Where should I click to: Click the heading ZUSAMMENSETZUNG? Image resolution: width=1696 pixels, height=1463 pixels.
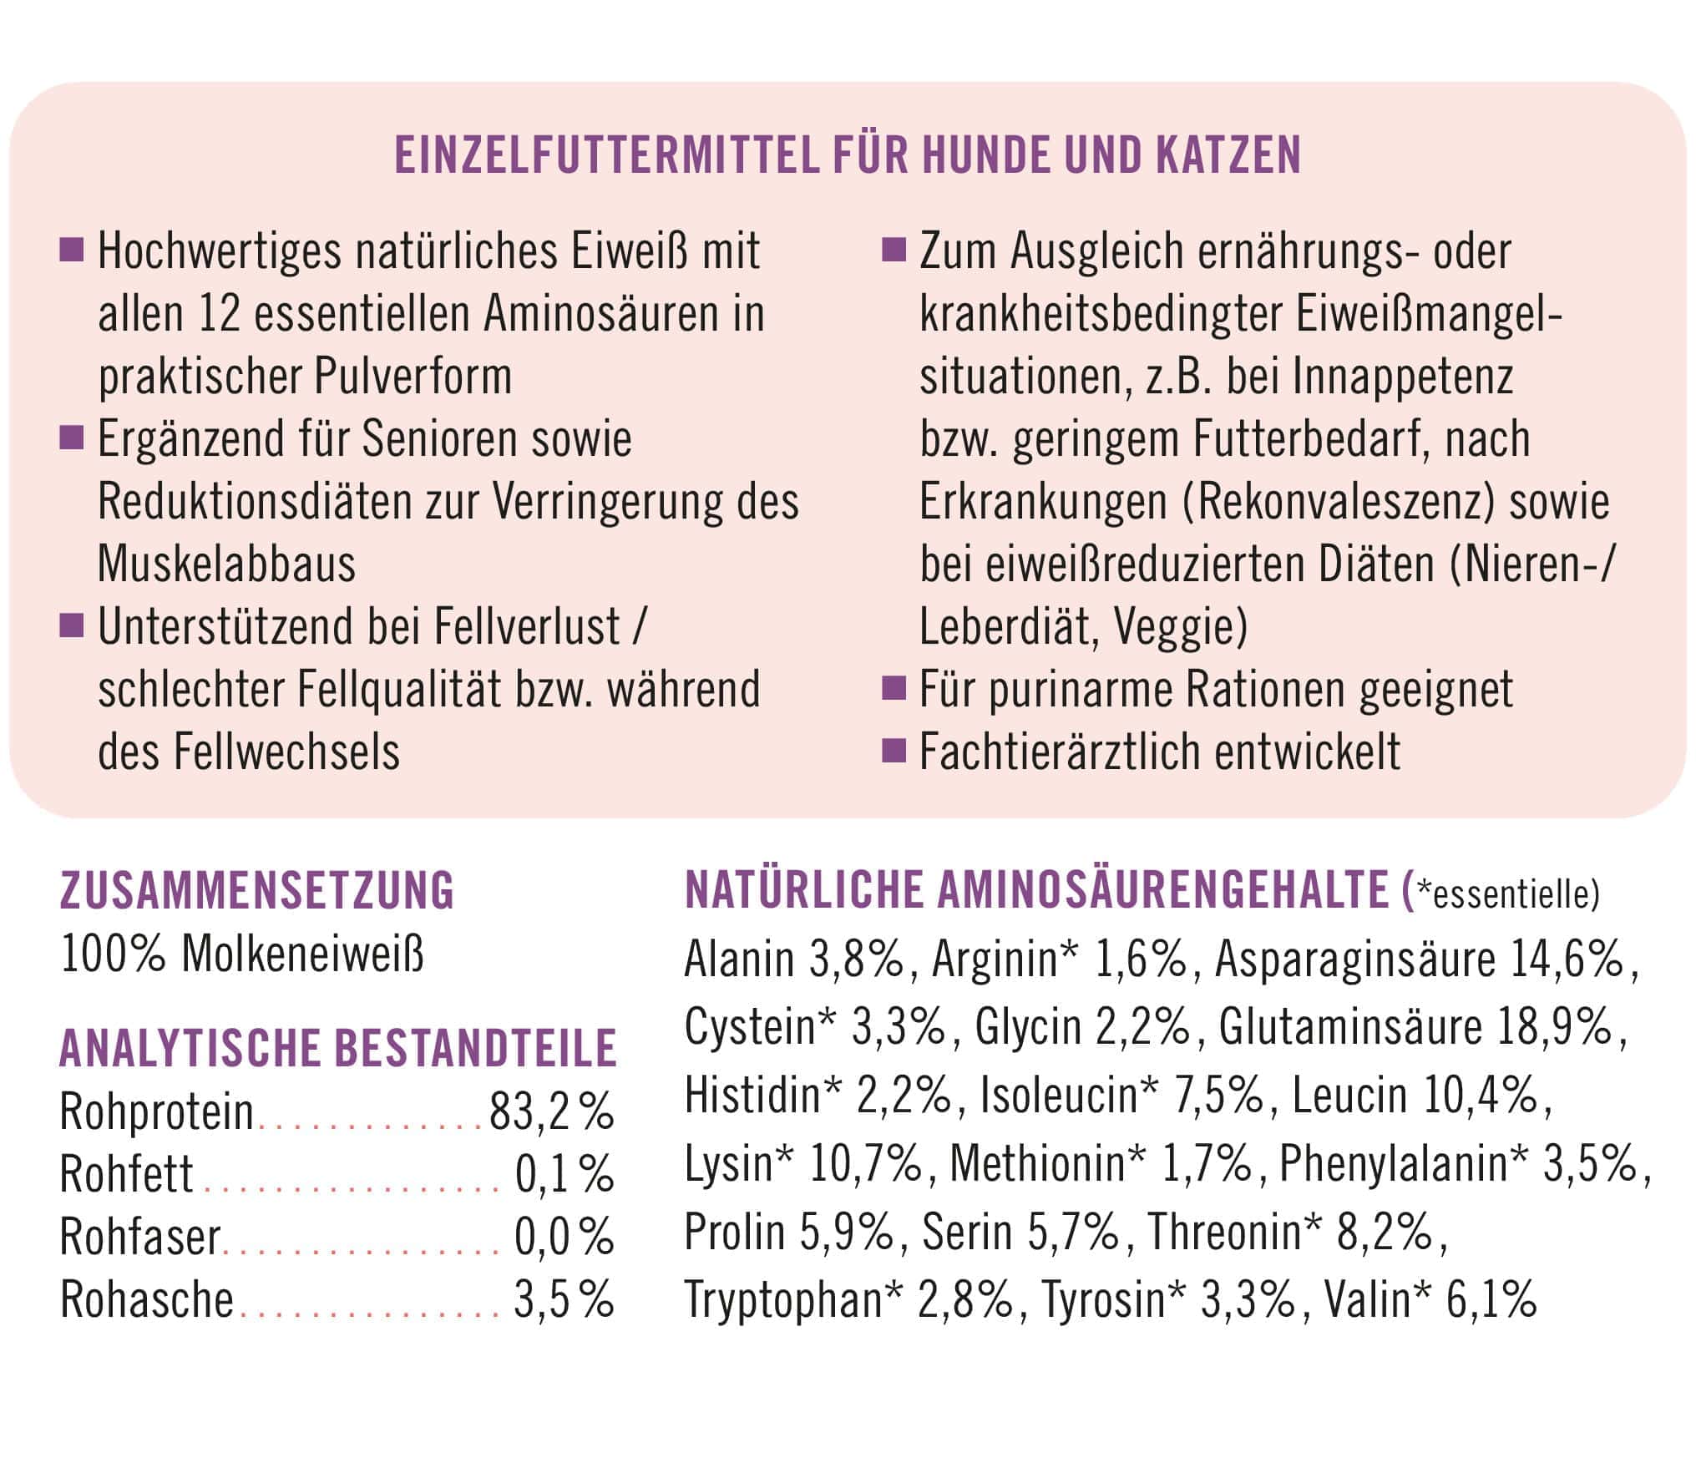[x=257, y=891]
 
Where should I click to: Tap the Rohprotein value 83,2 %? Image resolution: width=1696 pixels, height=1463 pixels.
[x=551, y=1112]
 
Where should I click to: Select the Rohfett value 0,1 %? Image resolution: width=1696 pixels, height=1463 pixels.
[x=564, y=1175]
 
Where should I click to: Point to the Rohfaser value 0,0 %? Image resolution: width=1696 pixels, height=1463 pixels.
[x=564, y=1237]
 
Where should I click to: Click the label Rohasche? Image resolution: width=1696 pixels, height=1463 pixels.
[x=147, y=1299]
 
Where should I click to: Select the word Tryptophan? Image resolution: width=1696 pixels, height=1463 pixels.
[x=783, y=1299]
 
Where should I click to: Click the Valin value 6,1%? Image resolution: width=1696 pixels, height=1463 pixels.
[x=1491, y=1299]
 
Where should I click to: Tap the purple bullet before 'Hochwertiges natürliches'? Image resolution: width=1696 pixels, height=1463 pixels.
[x=72, y=249]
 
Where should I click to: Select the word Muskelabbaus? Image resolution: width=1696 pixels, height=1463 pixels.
[x=226, y=564]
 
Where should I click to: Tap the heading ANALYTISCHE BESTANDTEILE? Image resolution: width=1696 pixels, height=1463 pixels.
[x=338, y=1049]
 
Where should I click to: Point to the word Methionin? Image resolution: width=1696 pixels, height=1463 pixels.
[x=1037, y=1163]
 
